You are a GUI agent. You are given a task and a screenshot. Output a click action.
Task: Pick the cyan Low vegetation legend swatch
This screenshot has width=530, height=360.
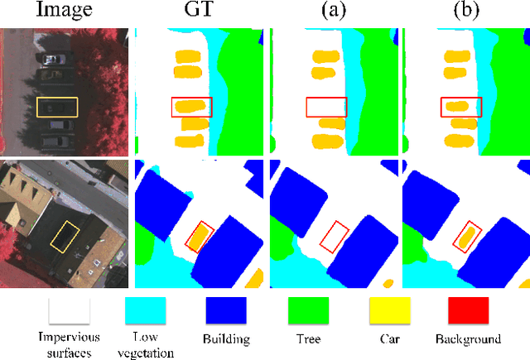(x=146, y=311)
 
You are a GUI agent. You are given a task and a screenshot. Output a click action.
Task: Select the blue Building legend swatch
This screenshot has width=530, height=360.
(x=226, y=311)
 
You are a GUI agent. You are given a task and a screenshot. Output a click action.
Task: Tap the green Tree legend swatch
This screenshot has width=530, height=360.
(x=308, y=311)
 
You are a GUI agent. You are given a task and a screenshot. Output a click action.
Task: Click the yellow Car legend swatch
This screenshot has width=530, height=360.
(x=389, y=311)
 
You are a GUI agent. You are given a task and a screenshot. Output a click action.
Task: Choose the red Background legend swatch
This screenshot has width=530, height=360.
(x=468, y=311)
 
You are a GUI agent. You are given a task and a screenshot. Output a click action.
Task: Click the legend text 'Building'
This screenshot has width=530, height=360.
(x=226, y=339)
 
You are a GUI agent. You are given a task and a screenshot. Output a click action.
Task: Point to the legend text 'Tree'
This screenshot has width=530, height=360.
(x=307, y=339)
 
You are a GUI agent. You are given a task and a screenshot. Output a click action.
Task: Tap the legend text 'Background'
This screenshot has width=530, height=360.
(x=469, y=339)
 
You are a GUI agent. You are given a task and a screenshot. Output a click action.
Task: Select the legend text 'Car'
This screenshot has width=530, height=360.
(x=389, y=339)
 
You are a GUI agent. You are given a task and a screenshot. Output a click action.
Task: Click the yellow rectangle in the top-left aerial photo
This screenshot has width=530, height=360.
(x=57, y=107)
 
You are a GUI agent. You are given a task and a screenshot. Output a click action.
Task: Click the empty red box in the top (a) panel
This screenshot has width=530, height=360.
(x=325, y=107)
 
